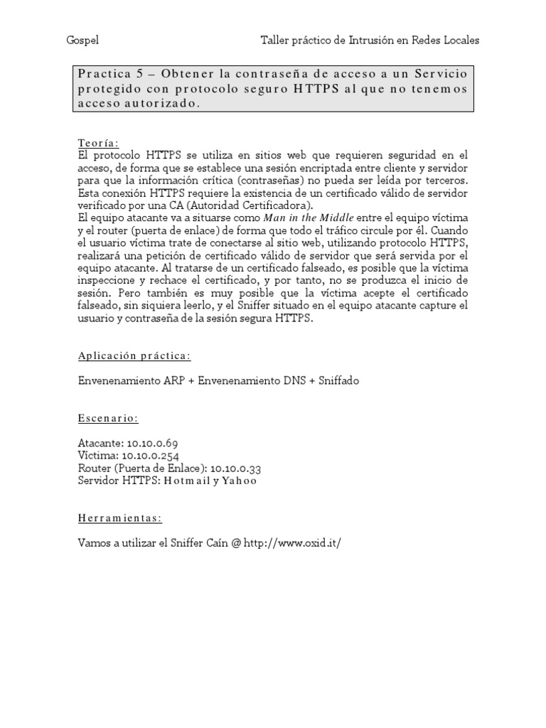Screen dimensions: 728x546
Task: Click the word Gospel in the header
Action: (x=80, y=41)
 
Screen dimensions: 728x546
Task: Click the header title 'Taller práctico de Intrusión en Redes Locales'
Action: (x=370, y=41)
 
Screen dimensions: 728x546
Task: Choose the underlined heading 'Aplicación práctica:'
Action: (x=134, y=355)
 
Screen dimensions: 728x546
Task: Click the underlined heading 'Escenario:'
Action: (x=108, y=418)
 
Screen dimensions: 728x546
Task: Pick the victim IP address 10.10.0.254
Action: (x=150, y=456)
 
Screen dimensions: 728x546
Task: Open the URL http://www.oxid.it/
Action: (x=293, y=543)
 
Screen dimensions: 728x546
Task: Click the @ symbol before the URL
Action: (x=236, y=543)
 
